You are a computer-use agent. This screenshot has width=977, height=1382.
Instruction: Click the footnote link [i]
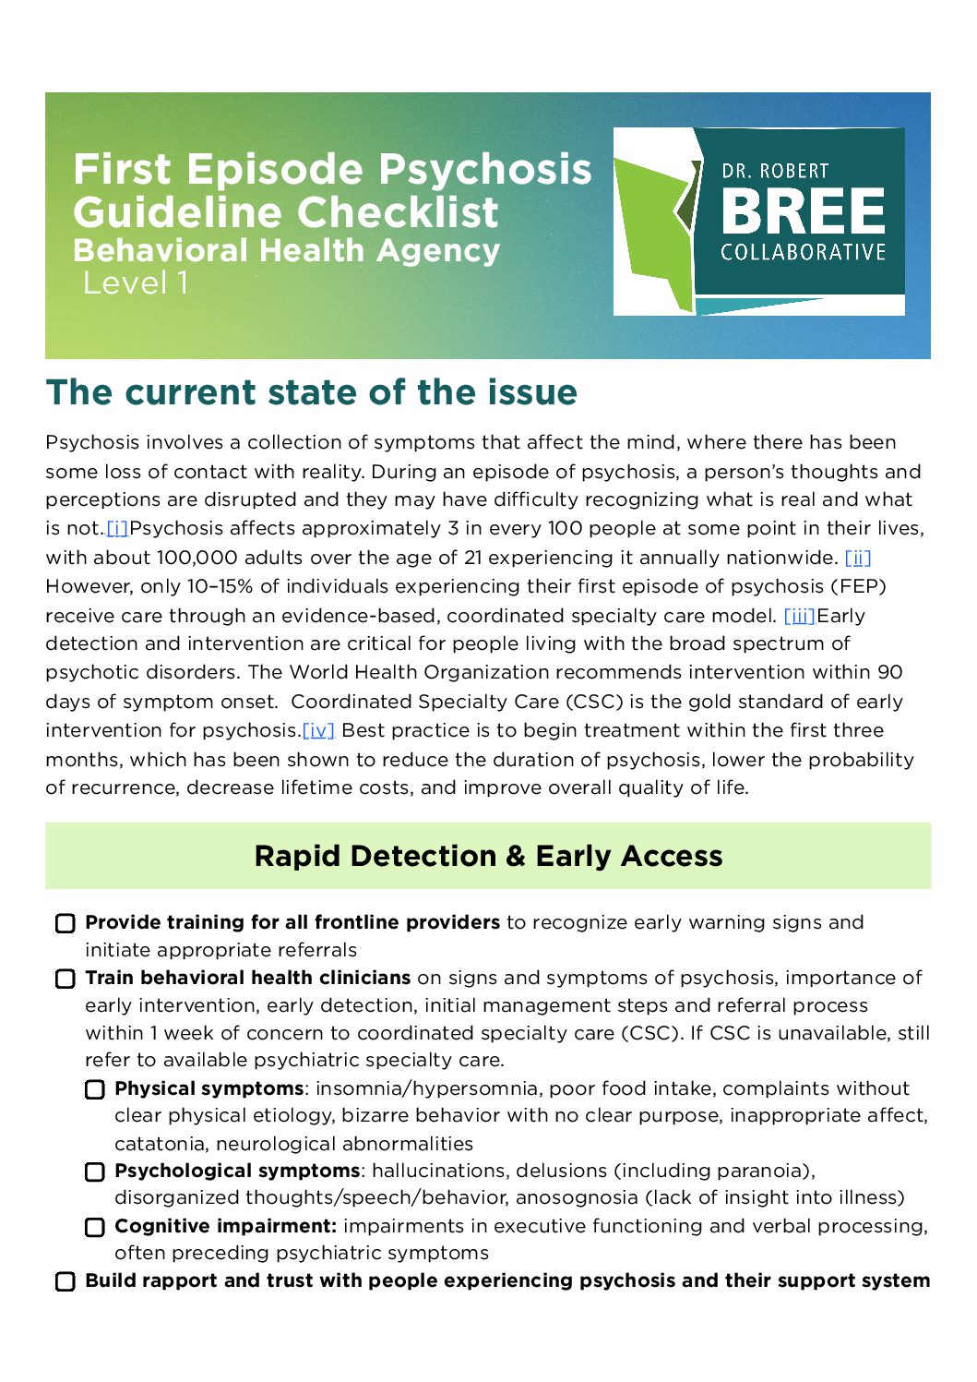click(117, 529)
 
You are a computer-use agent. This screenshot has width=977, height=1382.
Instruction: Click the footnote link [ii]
click(858, 558)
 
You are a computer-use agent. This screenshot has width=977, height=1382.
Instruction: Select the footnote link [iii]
click(799, 616)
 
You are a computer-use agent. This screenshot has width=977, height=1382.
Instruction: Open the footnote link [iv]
click(318, 731)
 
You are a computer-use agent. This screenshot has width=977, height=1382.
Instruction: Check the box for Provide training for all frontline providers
click(66, 924)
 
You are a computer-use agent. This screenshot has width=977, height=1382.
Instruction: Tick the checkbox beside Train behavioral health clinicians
click(66, 979)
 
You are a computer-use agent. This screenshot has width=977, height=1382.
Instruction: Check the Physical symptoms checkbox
click(95, 1090)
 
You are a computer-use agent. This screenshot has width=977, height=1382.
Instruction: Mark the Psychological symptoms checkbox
click(95, 1172)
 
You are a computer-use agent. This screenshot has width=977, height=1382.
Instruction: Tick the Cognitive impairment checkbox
click(95, 1228)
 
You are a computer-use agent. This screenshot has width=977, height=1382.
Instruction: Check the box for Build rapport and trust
click(66, 1282)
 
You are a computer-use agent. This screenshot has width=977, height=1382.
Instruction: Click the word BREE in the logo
click(803, 211)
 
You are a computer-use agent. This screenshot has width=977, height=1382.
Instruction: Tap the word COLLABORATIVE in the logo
click(803, 253)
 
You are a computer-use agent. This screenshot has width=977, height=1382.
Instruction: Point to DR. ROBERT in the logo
click(775, 172)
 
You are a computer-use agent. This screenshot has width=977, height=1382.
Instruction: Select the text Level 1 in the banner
click(136, 283)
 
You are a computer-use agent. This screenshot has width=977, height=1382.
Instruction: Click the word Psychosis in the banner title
click(485, 170)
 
